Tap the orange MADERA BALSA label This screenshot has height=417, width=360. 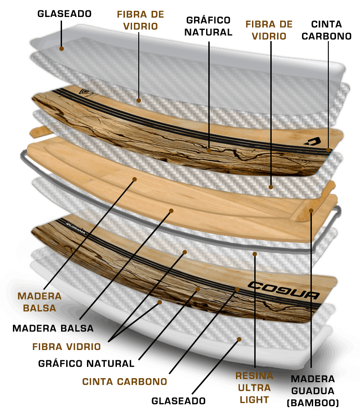[x=40, y=302]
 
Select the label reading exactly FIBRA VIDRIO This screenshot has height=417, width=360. [x=66, y=346]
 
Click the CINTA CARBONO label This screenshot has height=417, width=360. [x=124, y=382]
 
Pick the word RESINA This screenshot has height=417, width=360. [x=254, y=376]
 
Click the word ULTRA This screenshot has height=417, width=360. [x=255, y=388]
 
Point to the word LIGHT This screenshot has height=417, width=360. [x=254, y=399]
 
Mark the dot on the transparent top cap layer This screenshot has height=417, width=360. [x=62, y=48]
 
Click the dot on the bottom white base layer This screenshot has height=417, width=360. [x=239, y=339]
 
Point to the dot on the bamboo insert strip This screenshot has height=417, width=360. [x=311, y=209]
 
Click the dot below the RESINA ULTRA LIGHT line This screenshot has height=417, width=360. [x=255, y=254]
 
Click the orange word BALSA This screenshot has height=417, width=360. [x=40, y=308]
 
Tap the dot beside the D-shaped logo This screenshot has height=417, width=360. [x=328, y=150]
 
